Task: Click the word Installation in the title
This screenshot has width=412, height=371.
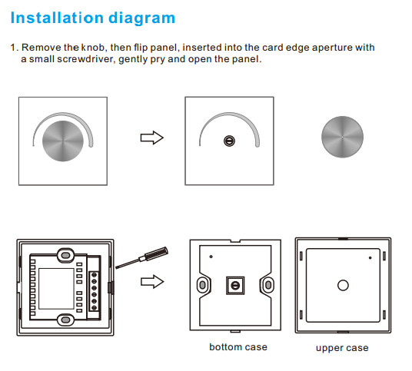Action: (x=57, y=18)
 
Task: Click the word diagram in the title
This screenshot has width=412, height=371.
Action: (x=142, y=19)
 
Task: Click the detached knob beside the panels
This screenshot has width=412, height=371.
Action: (x=342, y=137)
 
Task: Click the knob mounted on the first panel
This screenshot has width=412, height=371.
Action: (x=63, y=141)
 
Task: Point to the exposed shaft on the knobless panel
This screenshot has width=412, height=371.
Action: (x=229, y=141)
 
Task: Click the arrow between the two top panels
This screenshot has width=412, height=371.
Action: (x=152, y=137)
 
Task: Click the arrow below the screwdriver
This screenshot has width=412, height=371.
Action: (x=152, y=282)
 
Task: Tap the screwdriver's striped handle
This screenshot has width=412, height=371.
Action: (x=157, y=253)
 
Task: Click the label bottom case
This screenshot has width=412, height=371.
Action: (x=238, y=347)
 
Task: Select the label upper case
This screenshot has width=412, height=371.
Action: (x=342, y=348)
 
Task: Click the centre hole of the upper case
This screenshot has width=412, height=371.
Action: (x=343, y=286)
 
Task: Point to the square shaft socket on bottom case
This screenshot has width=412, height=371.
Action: (x=235, y=286)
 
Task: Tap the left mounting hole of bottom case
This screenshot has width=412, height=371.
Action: (x=203, y=285)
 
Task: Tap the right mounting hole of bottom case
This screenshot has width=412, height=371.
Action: (x=268, y=285)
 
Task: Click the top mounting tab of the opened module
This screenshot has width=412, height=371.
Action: (x=65, y=255)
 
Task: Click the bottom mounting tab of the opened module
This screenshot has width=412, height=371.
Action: (x=65, y=320)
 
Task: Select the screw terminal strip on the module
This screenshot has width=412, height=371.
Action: (x=94, y=291)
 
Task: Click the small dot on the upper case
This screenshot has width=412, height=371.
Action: (x=370, y=258)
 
